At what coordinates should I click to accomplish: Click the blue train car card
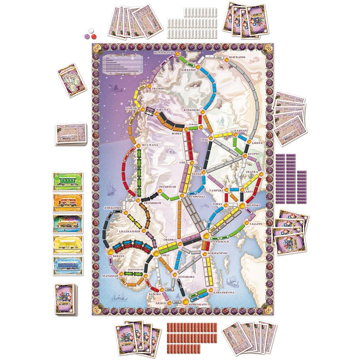point(69,266)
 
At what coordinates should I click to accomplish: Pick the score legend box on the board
point(119,64)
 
